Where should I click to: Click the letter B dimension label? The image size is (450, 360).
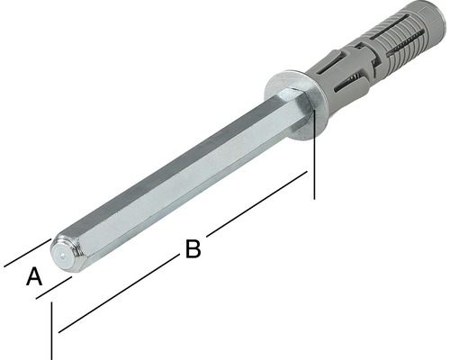point(192,249)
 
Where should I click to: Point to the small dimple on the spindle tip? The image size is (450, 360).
point(61,255)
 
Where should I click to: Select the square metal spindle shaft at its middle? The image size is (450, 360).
point(180,171)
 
